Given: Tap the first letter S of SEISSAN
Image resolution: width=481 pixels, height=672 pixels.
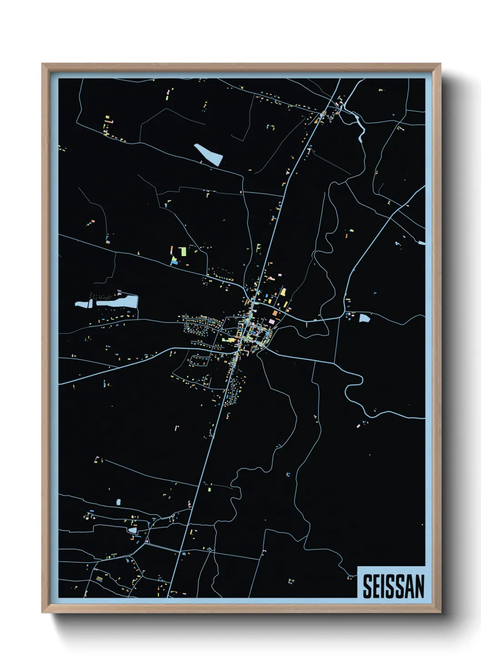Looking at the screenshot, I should click(367, 586).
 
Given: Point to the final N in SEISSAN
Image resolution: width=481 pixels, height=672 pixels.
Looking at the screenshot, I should click(419, 586).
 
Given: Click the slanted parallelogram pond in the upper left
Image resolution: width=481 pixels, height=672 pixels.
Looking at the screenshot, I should click(209, 154).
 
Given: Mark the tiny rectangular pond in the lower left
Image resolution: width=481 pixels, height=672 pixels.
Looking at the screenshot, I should click(119, 502).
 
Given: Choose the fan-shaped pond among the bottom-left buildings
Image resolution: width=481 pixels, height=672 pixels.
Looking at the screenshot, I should click(132, 530).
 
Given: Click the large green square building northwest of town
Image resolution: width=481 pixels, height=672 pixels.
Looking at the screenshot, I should click(183, 251).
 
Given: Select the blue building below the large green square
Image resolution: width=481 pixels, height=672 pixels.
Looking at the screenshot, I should click(174, 262).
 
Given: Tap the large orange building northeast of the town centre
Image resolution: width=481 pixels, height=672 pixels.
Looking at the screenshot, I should click(275, 313).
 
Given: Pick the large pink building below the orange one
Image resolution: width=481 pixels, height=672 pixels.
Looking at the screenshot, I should click(272, 321).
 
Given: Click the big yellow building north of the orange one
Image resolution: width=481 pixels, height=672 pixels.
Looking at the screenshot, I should click(283, 292).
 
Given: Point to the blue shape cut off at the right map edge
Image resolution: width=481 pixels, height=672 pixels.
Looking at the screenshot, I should click(422, 243).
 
